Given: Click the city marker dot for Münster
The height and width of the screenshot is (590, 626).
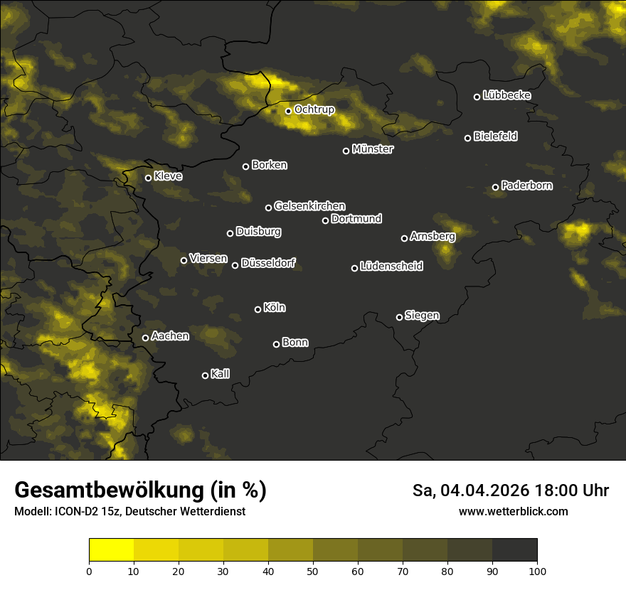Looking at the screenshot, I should [346, 151].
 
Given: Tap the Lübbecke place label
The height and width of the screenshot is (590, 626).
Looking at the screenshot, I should [506, 95].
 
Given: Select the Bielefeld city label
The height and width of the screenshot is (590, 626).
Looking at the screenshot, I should [495, 136].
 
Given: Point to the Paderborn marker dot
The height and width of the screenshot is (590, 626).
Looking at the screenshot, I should [496, 187].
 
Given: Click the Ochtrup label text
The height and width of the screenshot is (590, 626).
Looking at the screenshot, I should [314, 110].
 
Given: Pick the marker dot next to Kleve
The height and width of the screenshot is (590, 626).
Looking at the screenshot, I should [149, 178].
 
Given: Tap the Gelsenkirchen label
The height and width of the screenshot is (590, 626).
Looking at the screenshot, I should [309, 206].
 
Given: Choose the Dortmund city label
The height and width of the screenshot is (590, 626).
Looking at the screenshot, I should [356, 219].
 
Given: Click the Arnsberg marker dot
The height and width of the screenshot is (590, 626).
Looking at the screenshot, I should [404, 238].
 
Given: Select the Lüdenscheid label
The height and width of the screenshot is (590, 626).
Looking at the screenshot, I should [391, 267].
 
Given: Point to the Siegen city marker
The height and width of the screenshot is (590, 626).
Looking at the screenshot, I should [399, 317].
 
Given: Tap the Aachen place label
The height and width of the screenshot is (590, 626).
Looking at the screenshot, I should [170, 336].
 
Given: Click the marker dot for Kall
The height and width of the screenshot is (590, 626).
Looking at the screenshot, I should [206, 375].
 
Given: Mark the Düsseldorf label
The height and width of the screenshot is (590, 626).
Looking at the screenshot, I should [268, 264].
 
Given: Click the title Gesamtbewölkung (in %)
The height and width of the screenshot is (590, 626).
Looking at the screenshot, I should [140, 490].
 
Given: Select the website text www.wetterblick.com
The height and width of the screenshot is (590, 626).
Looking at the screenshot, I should [513, 511].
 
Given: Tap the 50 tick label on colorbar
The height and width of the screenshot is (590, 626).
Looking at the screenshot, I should [313, 571].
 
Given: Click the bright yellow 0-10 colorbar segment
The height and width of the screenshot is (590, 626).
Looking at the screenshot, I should [111, 549].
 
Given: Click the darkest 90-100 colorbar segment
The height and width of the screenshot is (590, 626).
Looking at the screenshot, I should [514, 549].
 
